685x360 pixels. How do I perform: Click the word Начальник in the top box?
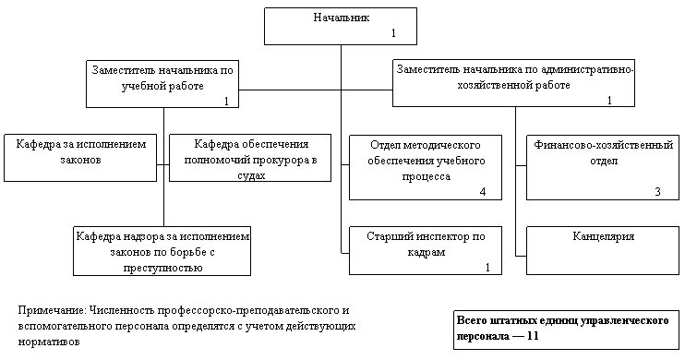point(342,18)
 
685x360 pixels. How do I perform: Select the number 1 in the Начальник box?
point(393,33)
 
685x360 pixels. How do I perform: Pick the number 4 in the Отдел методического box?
point(483,192)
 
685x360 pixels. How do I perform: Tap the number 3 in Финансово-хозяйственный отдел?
point(658,192)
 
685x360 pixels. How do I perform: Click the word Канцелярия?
point(604,236)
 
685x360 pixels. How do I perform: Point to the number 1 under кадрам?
point(488,268)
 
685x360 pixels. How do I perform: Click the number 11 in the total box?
point(533,336)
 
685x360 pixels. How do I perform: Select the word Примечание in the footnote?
point(52,311)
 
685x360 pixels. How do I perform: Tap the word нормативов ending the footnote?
point(49,342)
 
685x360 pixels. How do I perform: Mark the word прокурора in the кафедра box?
point(279,160)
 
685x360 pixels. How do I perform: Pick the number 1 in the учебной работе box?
point(226,102)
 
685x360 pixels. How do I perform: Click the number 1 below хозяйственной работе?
point(609,101)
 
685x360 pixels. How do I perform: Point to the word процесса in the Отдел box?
point(426,176)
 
